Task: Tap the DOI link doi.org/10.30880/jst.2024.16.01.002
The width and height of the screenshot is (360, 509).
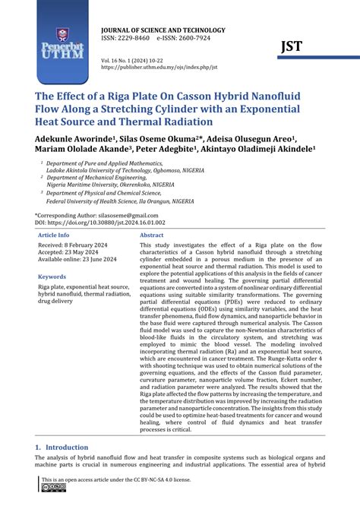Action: pyautogui.click(x=122, y=223)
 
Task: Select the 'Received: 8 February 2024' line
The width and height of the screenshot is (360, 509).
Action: pyautogui.click(x=76, y=248)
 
